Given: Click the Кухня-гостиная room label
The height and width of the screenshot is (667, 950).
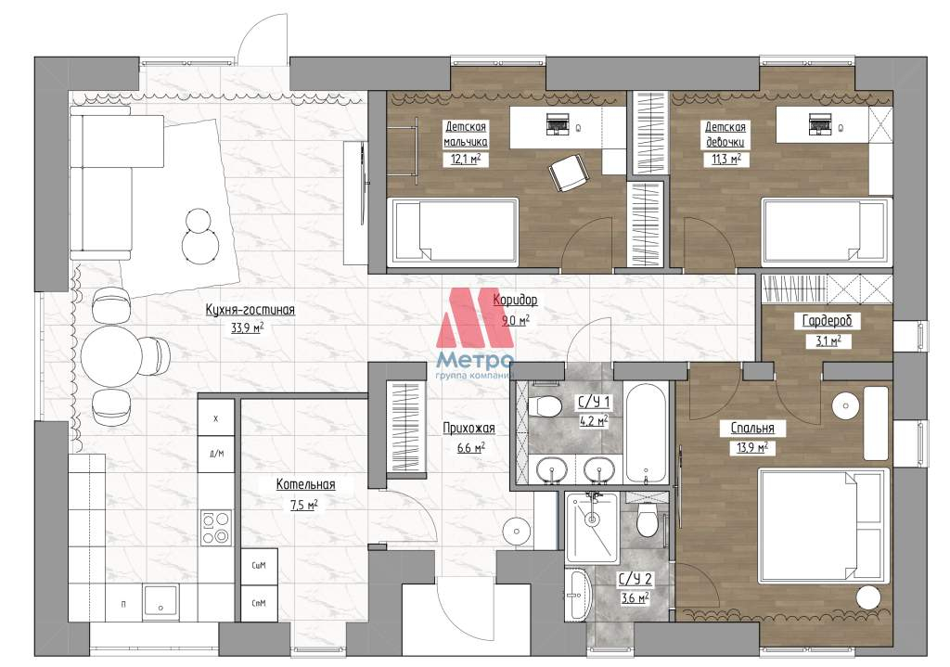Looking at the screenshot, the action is coord(250,310).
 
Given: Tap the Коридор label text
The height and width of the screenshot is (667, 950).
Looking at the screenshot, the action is coord(514,300).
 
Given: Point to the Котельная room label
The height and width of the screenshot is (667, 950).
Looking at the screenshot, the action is coord(305,484).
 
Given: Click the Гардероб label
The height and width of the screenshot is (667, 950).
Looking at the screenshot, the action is coord(827,320).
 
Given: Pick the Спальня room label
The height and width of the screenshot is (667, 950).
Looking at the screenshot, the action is coord(751,429).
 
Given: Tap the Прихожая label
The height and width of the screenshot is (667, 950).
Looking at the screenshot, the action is coord(469,429).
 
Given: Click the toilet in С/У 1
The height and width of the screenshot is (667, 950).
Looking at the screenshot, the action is coord(545,406).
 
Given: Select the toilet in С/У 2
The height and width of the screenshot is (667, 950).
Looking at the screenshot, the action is coord(647,521).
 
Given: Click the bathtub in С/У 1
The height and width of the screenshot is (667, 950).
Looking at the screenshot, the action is coord(647,432).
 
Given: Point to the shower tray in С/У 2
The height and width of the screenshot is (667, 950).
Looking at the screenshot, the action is coord(591,527).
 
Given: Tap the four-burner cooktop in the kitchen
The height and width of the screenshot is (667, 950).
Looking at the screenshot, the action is coord(215,528).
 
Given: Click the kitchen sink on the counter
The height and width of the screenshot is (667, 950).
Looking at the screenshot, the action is coord(160,601).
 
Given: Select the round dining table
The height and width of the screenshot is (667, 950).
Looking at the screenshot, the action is coord(111,356).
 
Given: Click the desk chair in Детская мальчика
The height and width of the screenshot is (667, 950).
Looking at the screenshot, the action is coord(569,173).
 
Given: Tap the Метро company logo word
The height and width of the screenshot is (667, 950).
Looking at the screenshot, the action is coord(474,361).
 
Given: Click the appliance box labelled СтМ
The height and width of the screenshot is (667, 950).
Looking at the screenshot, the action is coord(259,603).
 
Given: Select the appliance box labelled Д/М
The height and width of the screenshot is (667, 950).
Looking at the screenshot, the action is coord(216,453).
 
